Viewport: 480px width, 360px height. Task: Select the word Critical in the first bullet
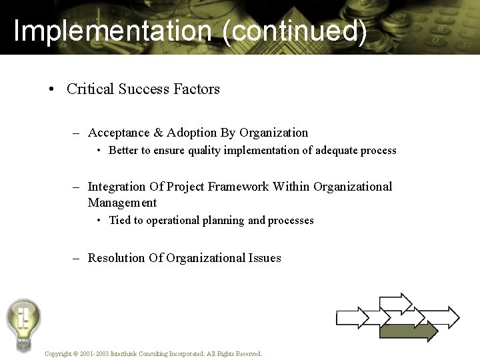point(91,89)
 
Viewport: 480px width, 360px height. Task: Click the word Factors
point(196,89)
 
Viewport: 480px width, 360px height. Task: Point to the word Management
point(122,203)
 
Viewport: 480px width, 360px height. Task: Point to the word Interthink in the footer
point(125,354)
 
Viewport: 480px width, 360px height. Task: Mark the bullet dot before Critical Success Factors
point(51,89)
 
